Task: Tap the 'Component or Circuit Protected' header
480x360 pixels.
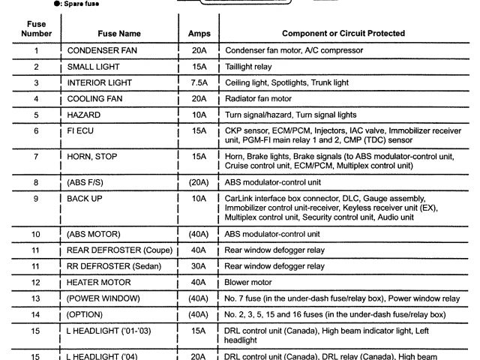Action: tap(343, 34)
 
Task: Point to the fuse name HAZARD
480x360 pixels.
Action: tap(83, 115)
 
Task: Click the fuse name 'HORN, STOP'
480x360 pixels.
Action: tap(94, 157)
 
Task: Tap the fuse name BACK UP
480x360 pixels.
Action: tap(85, 198)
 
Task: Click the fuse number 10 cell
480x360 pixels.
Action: tap(36, 234)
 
